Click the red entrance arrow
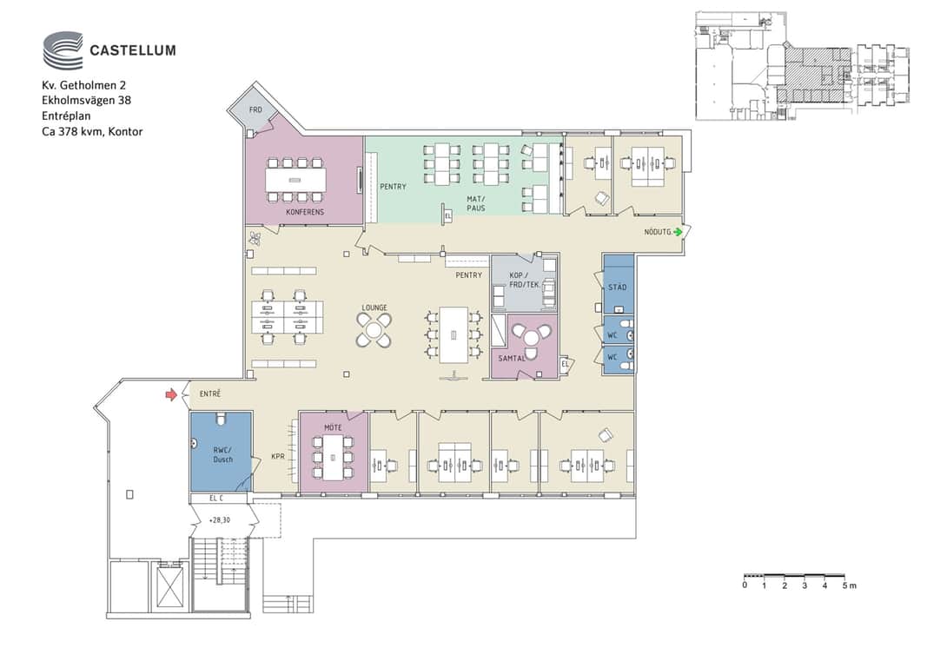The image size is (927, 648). click(x=171, y=394)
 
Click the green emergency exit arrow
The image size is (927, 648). click(x=678, y=232)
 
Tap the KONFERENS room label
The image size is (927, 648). click(x=305, y=212)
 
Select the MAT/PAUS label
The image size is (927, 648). click(x=476, y=203)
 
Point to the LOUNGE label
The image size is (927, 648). click(x=374, y=307)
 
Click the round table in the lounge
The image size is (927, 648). click(x=374, y=330)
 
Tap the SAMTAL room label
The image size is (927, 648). click(x=512, y=358)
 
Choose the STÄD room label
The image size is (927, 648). click(x=617, y=287)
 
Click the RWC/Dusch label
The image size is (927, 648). click(x=223, y=454)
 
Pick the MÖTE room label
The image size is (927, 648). click(x=333, y=426)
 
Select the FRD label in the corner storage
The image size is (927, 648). click(x=255, y=110)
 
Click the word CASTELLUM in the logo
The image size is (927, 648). click(x=133, y=50)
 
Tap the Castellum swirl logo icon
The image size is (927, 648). click(x=63, y=50)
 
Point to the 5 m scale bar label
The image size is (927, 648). click(x=849, y=585)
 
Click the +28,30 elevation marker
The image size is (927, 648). click(x=219, y=520)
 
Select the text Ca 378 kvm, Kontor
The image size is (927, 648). click(x=92, y=131)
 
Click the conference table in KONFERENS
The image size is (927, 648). click(x=295, y=180)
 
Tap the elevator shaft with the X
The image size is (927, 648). click(x=169, y=586)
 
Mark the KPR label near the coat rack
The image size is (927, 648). click(x=278, y=456)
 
